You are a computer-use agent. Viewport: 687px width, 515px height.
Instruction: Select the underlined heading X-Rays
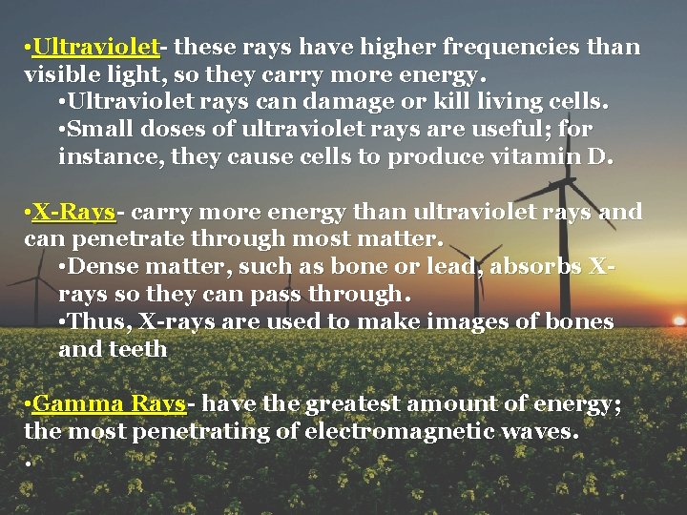pos(73,212)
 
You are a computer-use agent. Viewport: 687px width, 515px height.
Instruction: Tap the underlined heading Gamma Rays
pos(109,404)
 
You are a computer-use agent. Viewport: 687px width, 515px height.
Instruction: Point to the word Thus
pos(96,322)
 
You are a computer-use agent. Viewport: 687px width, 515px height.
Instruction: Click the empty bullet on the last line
pos(31,463)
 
